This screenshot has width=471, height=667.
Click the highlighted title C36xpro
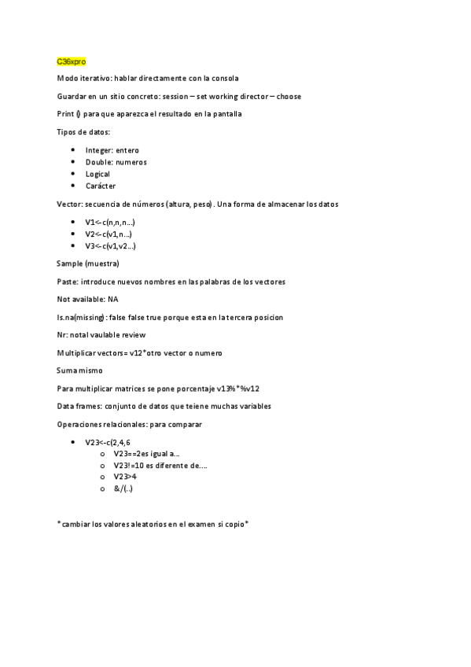[x=72, y=61]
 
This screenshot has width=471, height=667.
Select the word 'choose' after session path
[x=288, y=96]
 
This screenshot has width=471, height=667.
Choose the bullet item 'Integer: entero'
[x=112, y=149]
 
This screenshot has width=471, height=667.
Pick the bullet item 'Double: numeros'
[x=116, y=162]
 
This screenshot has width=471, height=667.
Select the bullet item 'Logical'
[x=98, y=174]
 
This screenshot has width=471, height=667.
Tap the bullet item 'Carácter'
[x=100, y=186]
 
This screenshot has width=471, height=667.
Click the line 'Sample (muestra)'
[x=88, y=263]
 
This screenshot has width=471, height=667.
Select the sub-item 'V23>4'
[x=125, y=477]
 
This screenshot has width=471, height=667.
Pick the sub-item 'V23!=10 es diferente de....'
[x=160, y=465]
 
